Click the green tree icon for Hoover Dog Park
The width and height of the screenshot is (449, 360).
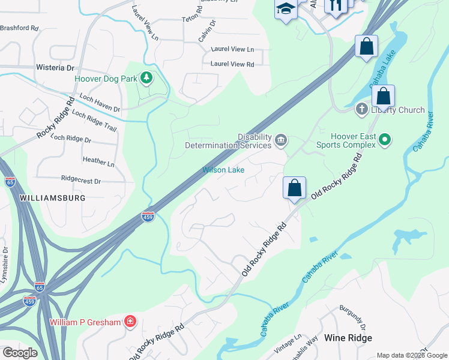[146, 78]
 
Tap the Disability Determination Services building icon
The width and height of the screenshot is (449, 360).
[280, 141]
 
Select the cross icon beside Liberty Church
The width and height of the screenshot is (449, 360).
[361, 109]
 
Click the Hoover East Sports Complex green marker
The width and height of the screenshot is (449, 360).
[385, 140]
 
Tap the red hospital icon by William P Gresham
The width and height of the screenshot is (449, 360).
[129, 322]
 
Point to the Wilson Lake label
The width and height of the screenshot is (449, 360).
[223, 170]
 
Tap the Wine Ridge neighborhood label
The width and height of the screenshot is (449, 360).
[348, 338]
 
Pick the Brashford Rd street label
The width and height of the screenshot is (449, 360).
[19, 28]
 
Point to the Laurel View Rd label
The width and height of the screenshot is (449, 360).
[232, 64]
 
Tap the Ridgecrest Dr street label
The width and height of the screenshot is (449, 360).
[81, 180]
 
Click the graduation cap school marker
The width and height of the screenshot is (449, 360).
[286, 8]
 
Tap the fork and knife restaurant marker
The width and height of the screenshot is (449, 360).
[336, 5]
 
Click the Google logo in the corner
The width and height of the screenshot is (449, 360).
[20, 352]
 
